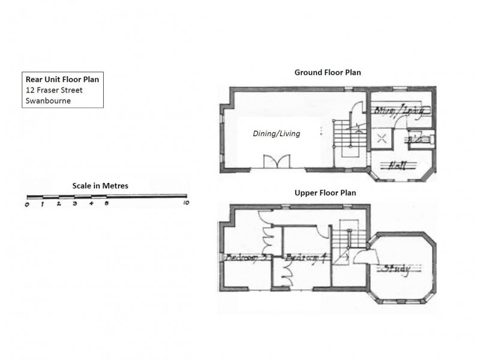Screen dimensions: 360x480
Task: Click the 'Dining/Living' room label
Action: click(x=276, y=134)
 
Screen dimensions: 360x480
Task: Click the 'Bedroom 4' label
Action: click(x=305, y=257)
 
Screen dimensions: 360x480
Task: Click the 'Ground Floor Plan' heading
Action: click(x=327, y=73)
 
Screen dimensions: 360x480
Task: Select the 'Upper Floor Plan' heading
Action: click(x=325, y=193)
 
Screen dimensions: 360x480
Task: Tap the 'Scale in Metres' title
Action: click(x=100, y=185)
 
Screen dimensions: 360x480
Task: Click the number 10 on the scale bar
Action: click(x=186, y=204)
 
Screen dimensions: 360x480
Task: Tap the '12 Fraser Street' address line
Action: click(x=54, y=90)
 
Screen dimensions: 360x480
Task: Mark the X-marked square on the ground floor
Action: click(x=381, y=139)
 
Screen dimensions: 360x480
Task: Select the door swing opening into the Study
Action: click(x=361, y=257)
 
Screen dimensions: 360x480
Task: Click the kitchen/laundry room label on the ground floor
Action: click(x=395, y=111)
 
